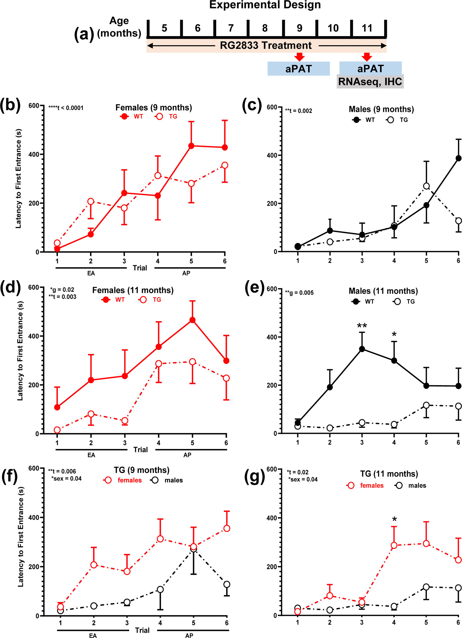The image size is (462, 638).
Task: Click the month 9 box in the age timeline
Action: click(299, 28)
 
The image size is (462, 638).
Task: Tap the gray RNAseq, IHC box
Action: click(370, 82)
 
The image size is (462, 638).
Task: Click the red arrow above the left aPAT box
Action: click(299, 57)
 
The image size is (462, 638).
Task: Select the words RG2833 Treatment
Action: click(265, 46)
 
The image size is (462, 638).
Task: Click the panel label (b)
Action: click(10, 105)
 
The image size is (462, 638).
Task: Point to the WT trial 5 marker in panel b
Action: click(191, 146)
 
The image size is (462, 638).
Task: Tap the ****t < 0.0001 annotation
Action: click(66, 108)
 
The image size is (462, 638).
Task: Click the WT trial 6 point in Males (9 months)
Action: click(458, 158)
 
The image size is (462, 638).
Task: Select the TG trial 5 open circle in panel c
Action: click(426, 186)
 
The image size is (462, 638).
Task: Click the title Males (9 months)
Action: click(381, 109)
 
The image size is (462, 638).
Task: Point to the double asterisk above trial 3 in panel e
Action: click(362, 326)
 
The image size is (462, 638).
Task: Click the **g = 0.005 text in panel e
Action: click(299, 293)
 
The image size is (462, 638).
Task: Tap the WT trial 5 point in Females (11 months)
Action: click(192, 320)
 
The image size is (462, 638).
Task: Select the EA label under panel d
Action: click(91, 455)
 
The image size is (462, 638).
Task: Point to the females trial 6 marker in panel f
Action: click(227, 528)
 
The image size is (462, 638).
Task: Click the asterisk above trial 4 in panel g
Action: click(394, 519)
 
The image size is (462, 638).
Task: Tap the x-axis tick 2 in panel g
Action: click(330, 622)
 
